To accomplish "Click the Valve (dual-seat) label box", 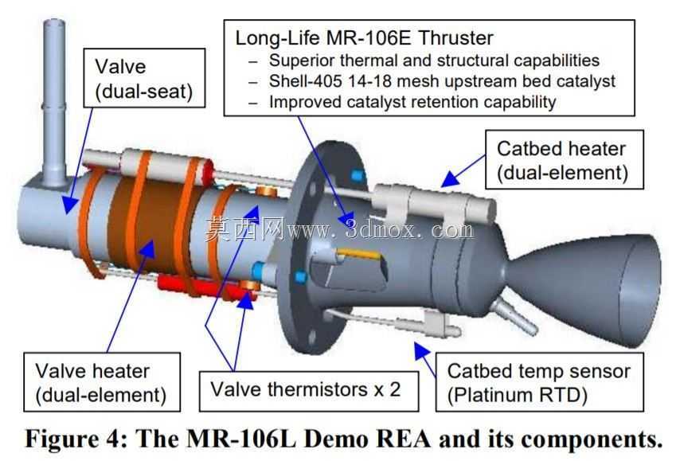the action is pyautogui.click(x=144, y=78).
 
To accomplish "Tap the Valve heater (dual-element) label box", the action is pyautogui.click(x=102, y=382).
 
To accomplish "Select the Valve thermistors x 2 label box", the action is pyautogui.click(x=309, y=391).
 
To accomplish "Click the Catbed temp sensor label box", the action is pyautogui.click(x=540, y=382).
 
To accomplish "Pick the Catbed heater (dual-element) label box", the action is pyautogui.click(x=565, y=159).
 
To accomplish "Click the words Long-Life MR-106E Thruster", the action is pyautogui.click(x=365, y=38).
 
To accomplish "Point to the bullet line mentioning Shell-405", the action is pyautogui.click(x=442, y=81).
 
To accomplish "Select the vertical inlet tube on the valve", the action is pyautogui.click(x=54, y=102).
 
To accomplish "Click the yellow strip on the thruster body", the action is pyautogui.click(x=359, y=254).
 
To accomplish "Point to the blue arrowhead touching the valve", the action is pyautogui.click(x=69, y=204).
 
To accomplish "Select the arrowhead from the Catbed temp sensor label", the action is pyautogui.click(x=420, y=350).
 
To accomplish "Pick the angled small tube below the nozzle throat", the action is pyautogui.click(x=516, y=315).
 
